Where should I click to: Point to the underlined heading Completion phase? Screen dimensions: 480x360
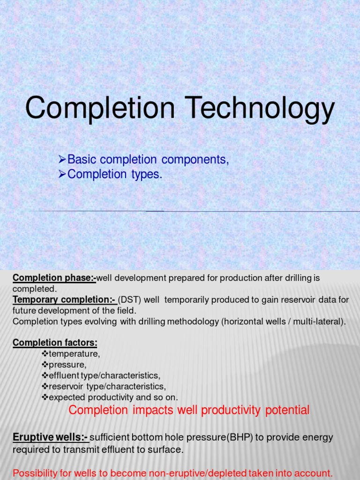54,278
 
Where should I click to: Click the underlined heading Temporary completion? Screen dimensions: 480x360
64,300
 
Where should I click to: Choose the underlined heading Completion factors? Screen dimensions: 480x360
55,343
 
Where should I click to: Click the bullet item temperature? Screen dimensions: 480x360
75,354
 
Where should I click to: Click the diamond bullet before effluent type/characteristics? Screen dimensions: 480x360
45,375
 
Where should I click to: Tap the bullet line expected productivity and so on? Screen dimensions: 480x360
113,397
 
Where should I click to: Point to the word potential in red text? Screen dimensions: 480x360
287,411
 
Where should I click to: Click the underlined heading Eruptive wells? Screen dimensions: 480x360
50,437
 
